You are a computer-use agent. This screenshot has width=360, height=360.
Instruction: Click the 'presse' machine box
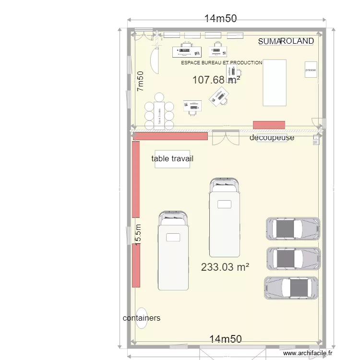tap(311, 70)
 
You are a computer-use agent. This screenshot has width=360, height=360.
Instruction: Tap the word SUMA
tap(269, 42)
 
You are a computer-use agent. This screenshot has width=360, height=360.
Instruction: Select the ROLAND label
tap(297, 41)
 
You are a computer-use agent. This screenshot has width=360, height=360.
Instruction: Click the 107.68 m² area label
tap(216, 80)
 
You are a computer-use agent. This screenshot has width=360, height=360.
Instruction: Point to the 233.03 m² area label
tap(225, 267)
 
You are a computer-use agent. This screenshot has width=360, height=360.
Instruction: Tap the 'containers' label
tap(142, 318)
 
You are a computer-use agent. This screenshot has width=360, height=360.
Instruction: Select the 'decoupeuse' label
tap(272, 138)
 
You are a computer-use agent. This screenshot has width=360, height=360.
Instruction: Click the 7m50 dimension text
tap(140, 81)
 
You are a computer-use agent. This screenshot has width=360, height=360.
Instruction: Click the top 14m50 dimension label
tap(220, 19)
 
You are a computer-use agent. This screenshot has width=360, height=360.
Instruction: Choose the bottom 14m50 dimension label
tap(226, 339)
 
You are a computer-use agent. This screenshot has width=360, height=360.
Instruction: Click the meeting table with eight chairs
tap(159, 115)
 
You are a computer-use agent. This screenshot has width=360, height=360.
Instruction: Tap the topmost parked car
tap(292, 228)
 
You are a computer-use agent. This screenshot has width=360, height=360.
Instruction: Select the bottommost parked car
tap(291, 288)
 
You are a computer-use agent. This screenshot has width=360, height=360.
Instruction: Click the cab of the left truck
tap(174, 218)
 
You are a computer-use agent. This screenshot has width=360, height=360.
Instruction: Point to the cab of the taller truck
tap(224, 184)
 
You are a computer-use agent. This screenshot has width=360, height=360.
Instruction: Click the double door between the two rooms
tap(226, 138)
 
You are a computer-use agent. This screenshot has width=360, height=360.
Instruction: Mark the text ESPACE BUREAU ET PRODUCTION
tap(222, 62)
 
